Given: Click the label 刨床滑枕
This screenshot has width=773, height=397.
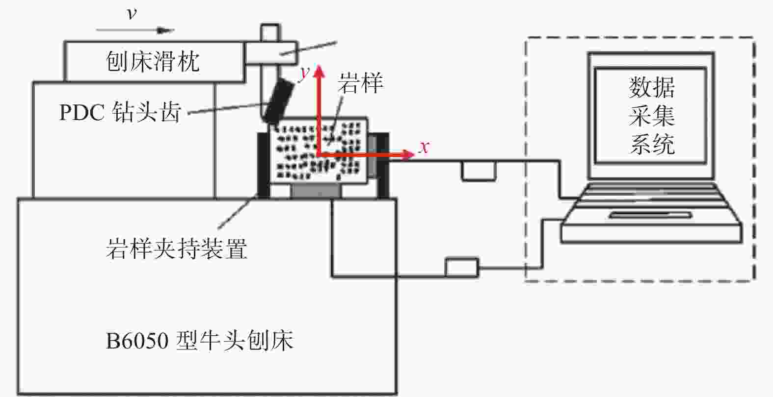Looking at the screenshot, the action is tap(153, 62).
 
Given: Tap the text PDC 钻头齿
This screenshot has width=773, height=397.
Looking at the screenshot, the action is tap(120, 112).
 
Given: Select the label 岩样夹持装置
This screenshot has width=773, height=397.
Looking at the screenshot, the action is tap(176, 248).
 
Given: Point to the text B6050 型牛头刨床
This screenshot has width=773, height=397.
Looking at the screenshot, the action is tap(199, 341).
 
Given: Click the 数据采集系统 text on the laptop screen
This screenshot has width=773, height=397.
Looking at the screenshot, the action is tap(651, 116).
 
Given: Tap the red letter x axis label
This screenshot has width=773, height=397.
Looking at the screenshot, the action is tap(424, 147).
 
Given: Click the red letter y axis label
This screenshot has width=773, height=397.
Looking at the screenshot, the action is tap(305, 74).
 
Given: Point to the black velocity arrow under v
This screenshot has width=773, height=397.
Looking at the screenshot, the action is tap(135, 30).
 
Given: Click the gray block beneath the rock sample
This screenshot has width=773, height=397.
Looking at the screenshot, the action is tap(316, 191).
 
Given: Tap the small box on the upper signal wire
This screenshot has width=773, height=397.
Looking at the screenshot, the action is tap(479, 171).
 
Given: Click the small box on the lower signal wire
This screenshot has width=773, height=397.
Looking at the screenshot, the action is tap(462, 268).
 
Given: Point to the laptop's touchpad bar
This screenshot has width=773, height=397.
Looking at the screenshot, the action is tap(651, 215).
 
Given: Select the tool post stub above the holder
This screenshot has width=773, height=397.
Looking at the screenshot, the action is tap(270, 33).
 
